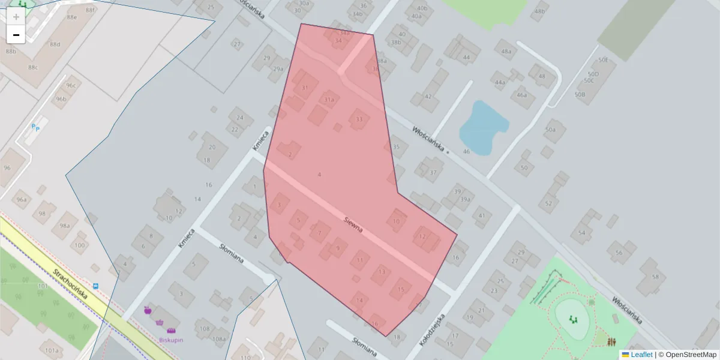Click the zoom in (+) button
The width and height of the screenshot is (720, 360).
tap(16, 17)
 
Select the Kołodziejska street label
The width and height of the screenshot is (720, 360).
tap(431, 328)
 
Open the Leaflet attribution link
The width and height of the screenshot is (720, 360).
tap(641, 355)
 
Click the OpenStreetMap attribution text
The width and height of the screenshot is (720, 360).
tap(690, 355)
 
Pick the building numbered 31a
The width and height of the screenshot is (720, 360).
tap(329, 100)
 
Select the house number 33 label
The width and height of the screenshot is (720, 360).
tap(359, 119)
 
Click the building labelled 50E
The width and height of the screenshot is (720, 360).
tap(603, 60)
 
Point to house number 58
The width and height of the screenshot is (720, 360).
tap(655, 277)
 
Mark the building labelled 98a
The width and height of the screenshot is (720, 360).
tap(64, 226)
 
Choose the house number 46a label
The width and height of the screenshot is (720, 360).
tap(522, 95)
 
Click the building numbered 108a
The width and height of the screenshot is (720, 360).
tap(219, 339)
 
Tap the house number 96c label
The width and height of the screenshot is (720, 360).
tap(71, 85)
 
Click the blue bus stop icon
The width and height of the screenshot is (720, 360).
tap(96, 286)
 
